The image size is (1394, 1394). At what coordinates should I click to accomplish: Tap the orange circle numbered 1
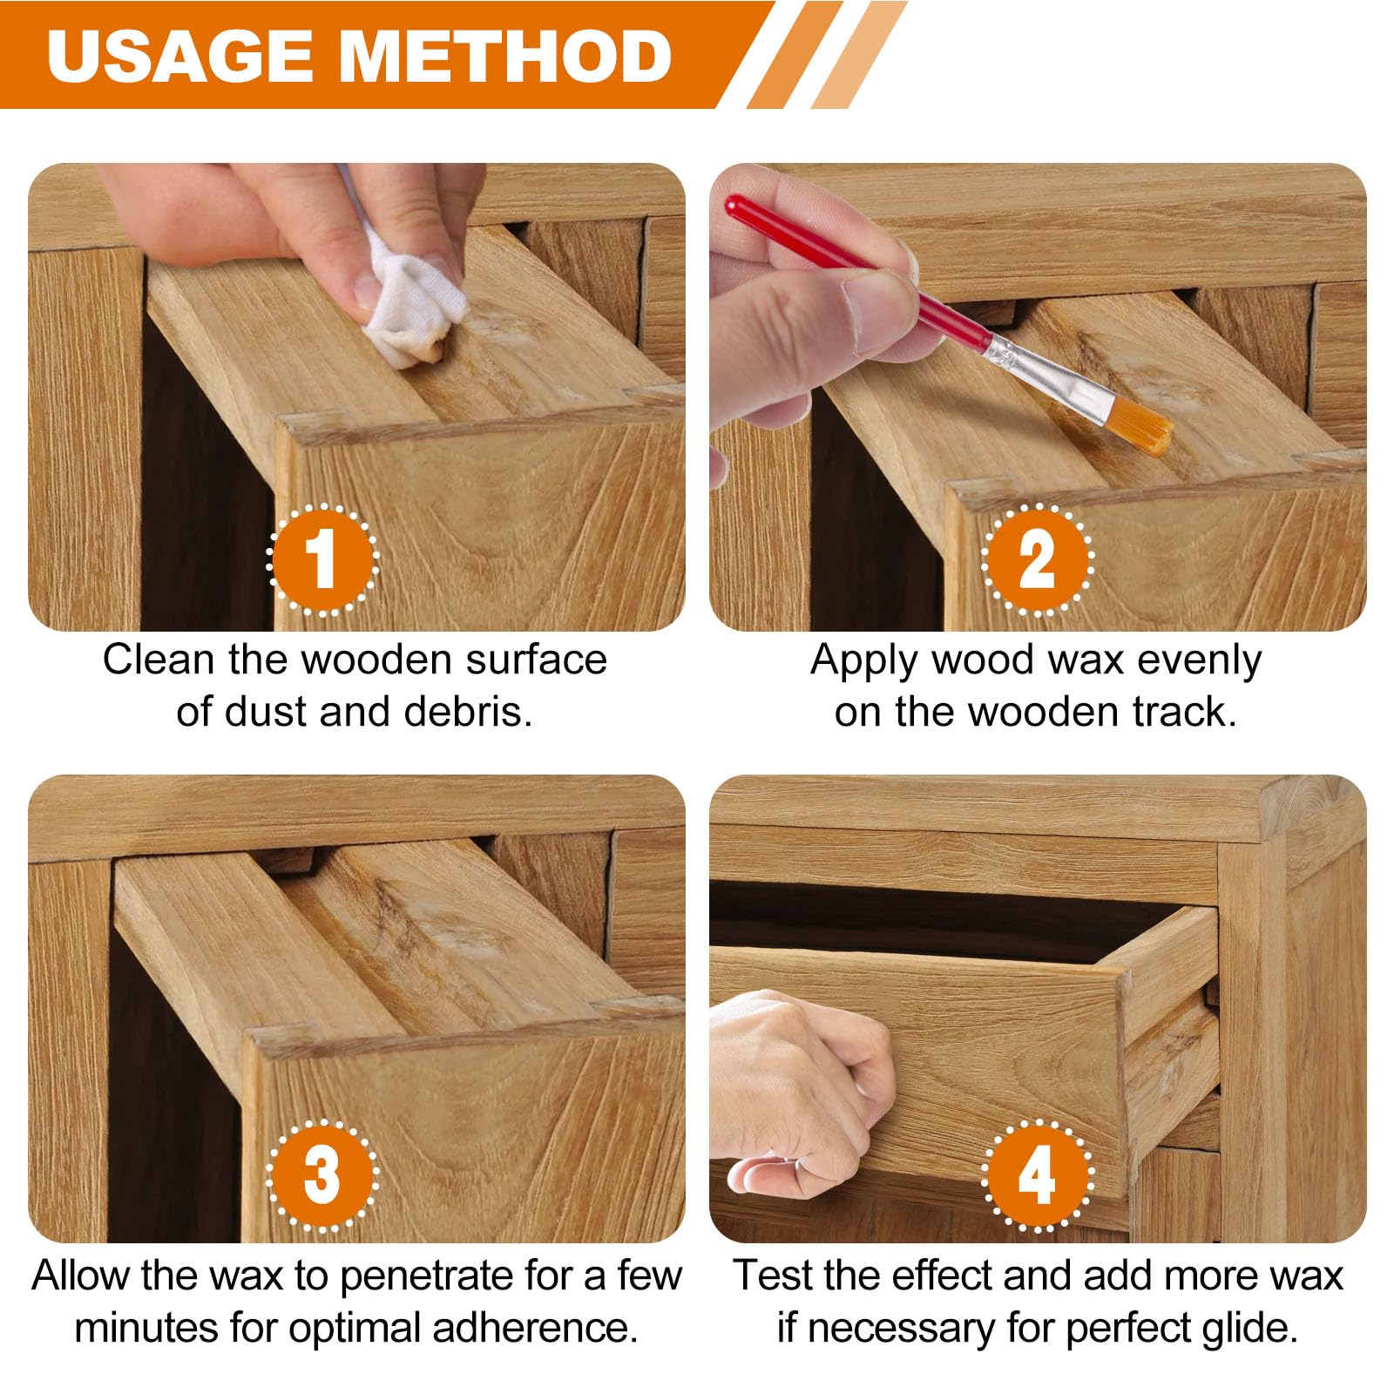[x=322, y=560]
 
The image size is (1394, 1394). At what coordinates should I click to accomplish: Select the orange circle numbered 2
[x=1037, y=560]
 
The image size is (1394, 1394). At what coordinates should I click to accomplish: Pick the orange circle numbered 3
[x=322, y=1175]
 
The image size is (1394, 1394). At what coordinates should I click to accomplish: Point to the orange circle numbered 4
[x=1037, y=1175]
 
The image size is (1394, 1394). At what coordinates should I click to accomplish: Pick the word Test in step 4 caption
[x=773, y=1276]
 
